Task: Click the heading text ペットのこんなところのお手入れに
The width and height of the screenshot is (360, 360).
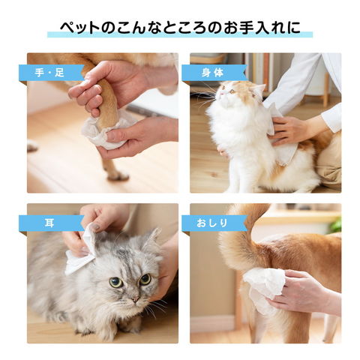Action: pyautogui.click(x=180, y=28)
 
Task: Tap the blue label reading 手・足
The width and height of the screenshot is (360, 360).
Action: pyautogui.click(x=51, y=73)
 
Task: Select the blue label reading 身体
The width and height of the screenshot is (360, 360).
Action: pyautogui.click(x=214, y=73)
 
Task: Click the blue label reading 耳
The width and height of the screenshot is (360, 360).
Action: pyautogui.click(x=51, y=223)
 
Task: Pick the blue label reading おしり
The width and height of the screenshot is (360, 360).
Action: pyautogui.click(x=214, y=223)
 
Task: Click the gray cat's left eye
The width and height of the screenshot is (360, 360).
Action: pyautogui.click(x=116, y=282)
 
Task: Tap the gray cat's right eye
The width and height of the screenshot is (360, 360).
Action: pyautogui.click(x=145, y=279)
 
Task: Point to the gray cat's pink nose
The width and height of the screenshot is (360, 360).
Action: pyautogui.click(x=135, y=298)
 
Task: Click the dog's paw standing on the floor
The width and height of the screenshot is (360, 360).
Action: pyautogui.click(x=117, y=175)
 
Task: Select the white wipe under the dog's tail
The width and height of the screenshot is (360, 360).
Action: pyautogui.click(x=264, y=287)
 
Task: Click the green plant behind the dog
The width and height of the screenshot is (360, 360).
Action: pyautogui.click(x=335, y=226)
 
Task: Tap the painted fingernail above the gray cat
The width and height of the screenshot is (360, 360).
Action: pyautogui.click(x=94, y=227)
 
